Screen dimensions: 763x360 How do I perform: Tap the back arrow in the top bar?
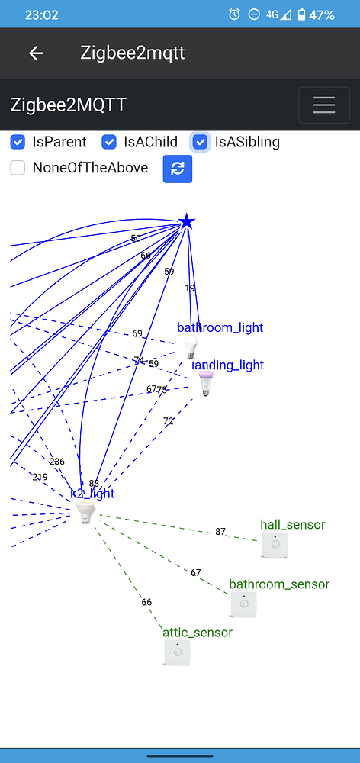coord(36,53)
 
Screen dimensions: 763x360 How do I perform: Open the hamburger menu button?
coord(323,105)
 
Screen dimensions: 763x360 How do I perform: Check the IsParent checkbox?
coord(18,142)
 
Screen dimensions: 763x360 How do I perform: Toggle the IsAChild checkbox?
coord(109,142)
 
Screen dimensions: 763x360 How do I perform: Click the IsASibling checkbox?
coord(200,142)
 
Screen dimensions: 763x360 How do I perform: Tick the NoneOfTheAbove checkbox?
coord(18,168)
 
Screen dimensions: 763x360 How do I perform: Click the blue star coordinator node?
coord(187,222)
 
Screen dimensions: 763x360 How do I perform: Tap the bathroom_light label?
coord(220,327)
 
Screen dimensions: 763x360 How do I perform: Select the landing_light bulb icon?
coord(205,384)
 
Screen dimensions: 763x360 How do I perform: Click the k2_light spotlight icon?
coord(85,513)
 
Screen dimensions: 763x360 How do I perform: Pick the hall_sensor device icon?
coord(275,545)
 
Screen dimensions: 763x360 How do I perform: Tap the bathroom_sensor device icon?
coord(244,604)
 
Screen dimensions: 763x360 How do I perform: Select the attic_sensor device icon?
coord(177,652)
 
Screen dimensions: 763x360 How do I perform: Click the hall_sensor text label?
coord(292,524)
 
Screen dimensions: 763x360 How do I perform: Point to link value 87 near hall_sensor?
coord(220,532)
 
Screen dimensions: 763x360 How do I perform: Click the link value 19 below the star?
coord(190,288)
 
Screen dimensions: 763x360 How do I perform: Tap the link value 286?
coord(57,462)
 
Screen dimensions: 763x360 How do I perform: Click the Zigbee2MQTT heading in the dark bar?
coord(69,105)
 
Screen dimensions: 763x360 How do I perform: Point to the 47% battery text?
coord(322,14)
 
